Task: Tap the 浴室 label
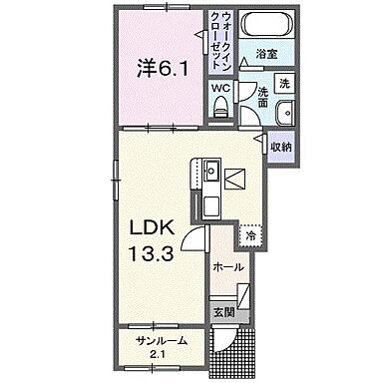coord(265,54)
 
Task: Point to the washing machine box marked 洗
coord(283,82)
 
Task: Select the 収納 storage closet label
coord(280,147)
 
